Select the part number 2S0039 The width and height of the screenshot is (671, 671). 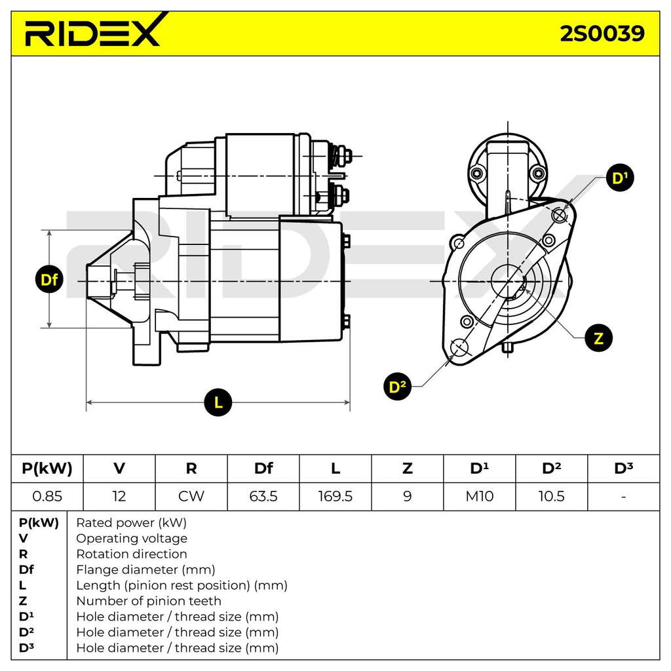click(602, 33)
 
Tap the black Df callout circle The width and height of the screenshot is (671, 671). click(49, 279)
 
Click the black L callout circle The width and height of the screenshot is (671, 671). click(218, 402)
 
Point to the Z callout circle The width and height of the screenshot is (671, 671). click(599, 338)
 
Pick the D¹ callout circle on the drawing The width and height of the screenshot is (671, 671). click(620, 178)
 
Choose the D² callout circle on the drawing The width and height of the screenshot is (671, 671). click(398, 387)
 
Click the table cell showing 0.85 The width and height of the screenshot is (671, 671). click(47, 497)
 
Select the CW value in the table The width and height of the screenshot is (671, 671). click(191, 497)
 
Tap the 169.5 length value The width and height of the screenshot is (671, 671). click(335, 497)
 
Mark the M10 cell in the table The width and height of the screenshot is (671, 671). click(479, 497)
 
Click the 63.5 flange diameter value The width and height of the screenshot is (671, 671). click(263, 497)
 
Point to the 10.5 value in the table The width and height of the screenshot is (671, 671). click(551, 497)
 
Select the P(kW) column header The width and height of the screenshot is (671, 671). click(47, 469)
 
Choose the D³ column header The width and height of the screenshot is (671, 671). click(624, 468)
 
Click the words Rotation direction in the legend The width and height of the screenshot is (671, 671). click(131, 554)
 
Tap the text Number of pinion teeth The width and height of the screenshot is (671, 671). click(149, 601)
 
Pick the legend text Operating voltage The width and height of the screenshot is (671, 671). click(132, 539)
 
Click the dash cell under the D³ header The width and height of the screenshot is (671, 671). click(624, 497)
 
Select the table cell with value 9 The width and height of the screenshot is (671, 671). click(408, 497)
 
